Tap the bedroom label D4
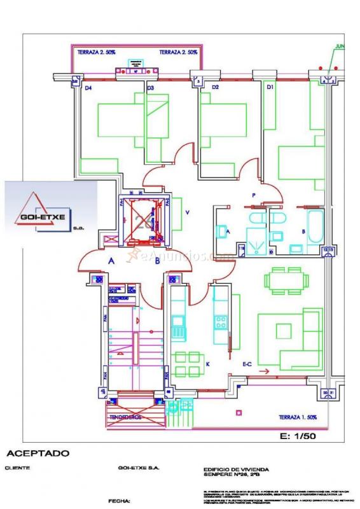[x=88, y=88]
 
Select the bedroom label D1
[x=270, y=87]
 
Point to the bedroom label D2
[x=215, y=87]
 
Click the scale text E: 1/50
[x=298, y=436]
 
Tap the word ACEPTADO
[x=38, y=454]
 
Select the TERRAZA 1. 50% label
[x=298, y=417]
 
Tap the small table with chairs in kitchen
[x=187, y=364]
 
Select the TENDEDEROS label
[x=126, y=418]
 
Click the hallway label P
[x=254, y=195]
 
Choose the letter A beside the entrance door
[x=111, y=260]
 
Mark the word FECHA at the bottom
[x=120, y=501]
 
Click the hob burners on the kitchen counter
[x=221, y=323]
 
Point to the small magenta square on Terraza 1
[x=239, y=413]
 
